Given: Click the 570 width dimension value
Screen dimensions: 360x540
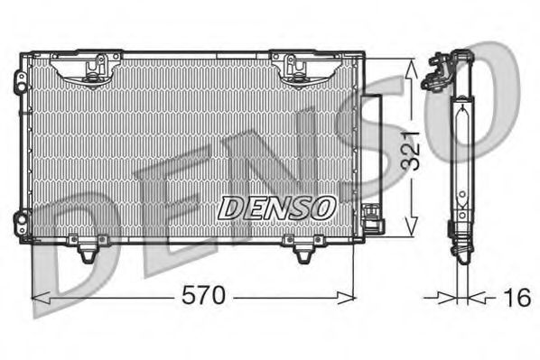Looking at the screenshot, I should [x=203, y=296].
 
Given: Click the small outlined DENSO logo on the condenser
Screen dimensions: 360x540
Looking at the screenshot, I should [x=277, y=208].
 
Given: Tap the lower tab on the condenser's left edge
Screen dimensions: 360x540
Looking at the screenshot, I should [x=21, y=219].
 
